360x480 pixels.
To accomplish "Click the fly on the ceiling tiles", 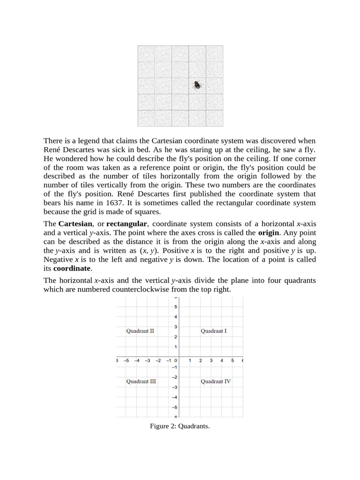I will [x=198, y=85].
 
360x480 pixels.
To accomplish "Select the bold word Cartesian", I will [x=75, y=224].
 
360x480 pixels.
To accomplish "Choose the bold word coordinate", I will [x=72, y=269].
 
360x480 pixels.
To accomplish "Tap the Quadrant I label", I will [x=214, y=331].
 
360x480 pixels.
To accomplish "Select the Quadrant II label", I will [x=140, y=331].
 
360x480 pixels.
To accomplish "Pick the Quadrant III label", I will [x=141, y=382].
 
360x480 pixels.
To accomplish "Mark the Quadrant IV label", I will [x=216, y=382].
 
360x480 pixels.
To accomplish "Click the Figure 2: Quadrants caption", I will [x=180, y=426].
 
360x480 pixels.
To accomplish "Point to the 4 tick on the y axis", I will [x=176, y=317].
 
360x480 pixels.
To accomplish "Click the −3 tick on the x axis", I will [x=147, y=360].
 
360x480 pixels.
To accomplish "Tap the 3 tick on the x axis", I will [x=211, y=360].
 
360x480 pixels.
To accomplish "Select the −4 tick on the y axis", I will [x=174, y=397].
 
